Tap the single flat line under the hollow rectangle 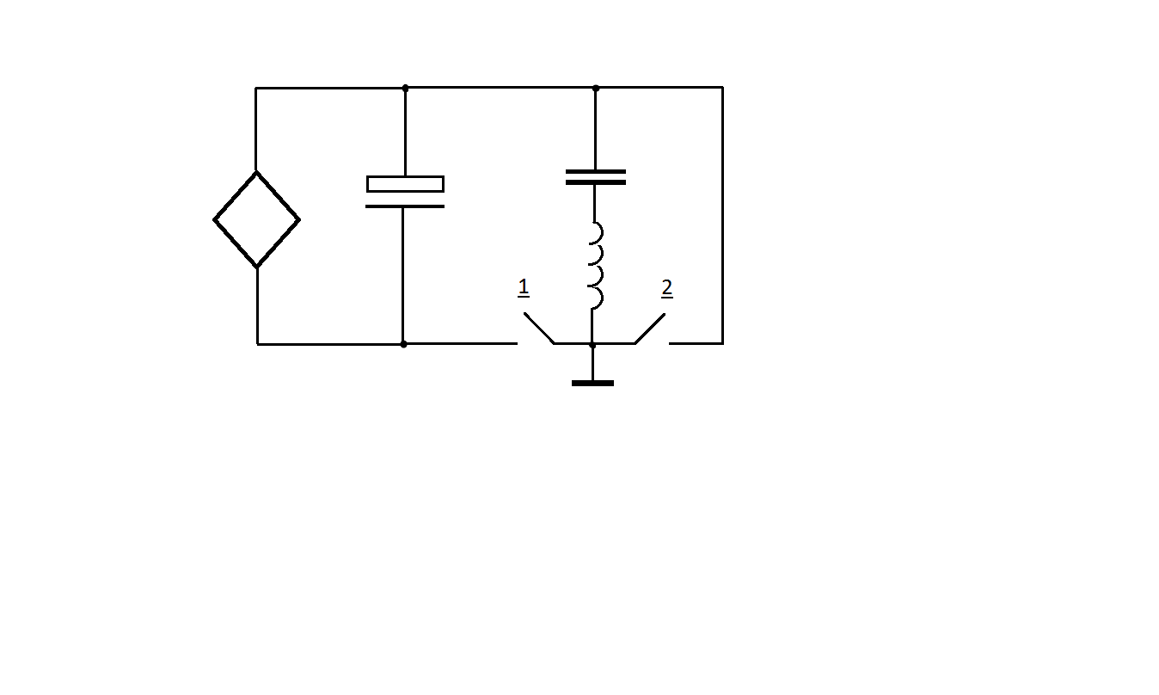click(405, 206)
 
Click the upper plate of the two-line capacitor click(596, 171)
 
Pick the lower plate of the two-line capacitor click(596, 182)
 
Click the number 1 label click(523, 288)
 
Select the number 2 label click(667, 288)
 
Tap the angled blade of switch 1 click(539, 328)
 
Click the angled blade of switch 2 click(650, 329)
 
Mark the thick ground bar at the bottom click(593, 383)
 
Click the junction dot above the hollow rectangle click(405, 89)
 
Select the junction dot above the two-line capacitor click(596, 89)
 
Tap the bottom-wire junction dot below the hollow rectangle click(403, 344)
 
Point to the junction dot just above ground click(592, 345)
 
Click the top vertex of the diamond click(256, 172)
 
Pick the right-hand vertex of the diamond click(299, 220)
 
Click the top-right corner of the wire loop click(723, 88)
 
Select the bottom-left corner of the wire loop click(258, 344)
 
